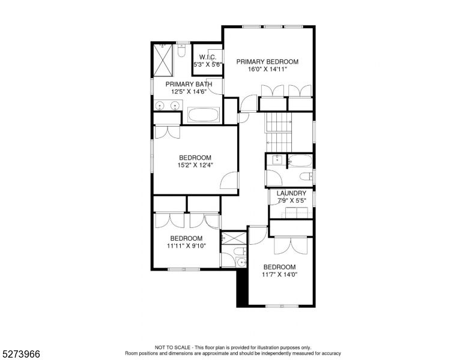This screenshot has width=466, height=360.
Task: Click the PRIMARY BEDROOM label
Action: click(267, 62)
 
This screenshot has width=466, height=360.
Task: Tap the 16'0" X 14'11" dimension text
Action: click(267, 69)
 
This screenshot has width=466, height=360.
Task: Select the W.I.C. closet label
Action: click(208, 57)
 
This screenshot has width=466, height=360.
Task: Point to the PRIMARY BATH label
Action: click(189, 84)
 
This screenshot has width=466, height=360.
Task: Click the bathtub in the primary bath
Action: click(204, 115)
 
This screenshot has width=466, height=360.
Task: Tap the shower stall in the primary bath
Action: click(163, 60)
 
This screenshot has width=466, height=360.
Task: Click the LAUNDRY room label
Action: click(291, 193)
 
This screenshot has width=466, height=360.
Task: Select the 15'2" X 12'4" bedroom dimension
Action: click(195, 165)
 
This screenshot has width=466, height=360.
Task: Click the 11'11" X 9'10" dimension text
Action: click(187, 245)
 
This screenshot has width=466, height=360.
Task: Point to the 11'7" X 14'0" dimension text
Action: click(279, 274)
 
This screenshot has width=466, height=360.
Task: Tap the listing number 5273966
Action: click(21, 354)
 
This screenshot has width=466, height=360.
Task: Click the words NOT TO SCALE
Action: click(172, 347)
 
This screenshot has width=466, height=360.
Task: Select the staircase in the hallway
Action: click(279, 132)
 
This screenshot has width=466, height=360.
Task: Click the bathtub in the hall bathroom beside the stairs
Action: click(300, 161)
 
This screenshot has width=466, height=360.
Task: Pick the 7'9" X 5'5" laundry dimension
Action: click(291, 200)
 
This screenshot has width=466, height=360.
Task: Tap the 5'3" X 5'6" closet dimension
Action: click(208, 64)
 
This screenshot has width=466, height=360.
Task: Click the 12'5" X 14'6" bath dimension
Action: click(189, 91)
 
